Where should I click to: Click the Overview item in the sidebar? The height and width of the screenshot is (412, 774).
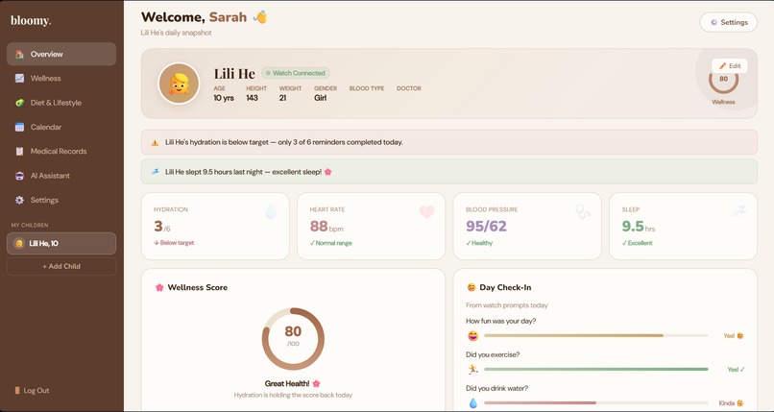coord(60,54)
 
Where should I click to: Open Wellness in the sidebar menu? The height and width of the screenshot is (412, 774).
coord(60,79)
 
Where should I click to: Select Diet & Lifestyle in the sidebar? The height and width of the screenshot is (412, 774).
coord(60,103)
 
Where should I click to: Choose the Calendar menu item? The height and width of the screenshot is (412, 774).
coord(60,127)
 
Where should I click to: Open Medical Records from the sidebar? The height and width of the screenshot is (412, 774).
coord(60,152)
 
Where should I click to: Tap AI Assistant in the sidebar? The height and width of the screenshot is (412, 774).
coord(60,176)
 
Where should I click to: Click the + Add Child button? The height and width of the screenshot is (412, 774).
coord(61,266)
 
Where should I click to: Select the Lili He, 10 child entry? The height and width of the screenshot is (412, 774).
coord(61,244)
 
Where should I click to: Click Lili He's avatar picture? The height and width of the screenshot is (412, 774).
coord(178,84)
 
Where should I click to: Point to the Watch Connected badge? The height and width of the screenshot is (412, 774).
coord(296,73)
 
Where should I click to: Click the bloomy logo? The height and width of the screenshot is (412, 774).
coord(31,20)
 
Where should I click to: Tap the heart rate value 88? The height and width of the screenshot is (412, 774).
coord(319,227)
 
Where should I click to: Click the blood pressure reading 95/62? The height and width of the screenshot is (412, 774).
coord(486,227)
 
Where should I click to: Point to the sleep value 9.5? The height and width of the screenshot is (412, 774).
coord(632,227)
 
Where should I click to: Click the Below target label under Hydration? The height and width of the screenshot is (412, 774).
coord(176,243)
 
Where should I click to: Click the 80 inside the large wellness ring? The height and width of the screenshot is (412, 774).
coord(293,332)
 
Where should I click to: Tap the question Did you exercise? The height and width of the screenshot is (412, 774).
coord(493,354)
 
